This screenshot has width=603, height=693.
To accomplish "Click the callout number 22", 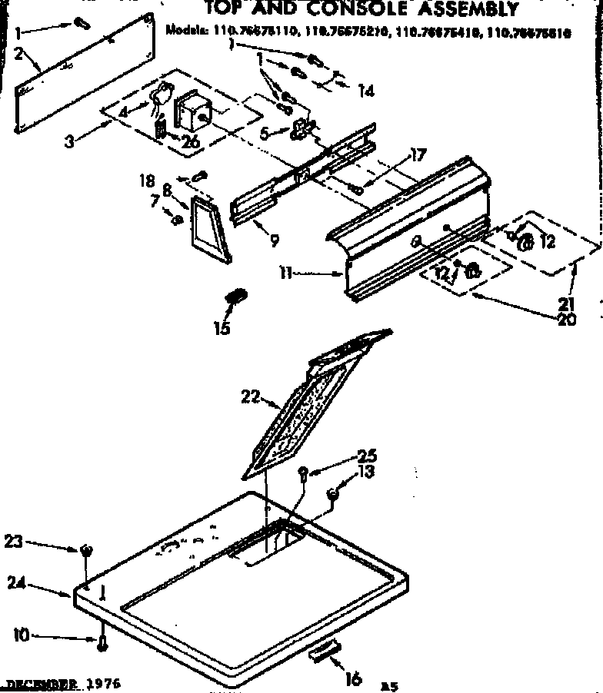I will [x=248, y=396].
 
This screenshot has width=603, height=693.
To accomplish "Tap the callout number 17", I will [x=418, y=156].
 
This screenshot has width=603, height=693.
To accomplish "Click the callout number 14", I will [x=365, y=91].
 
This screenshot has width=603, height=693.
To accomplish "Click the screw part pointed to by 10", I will [x=101, y=644].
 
